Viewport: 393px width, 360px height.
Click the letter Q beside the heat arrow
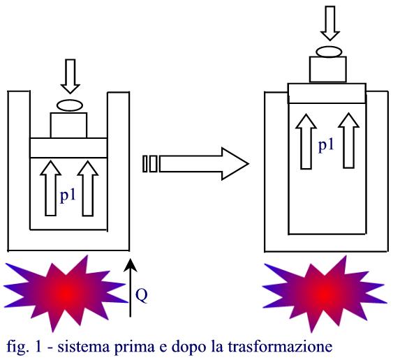tap(142, 296)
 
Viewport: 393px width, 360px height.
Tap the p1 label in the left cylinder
tap(68, 195)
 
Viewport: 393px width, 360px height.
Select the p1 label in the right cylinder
tap(326, 145)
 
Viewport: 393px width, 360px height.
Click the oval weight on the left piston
tap(70, 105)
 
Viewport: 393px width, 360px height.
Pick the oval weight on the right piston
tap(329, 52)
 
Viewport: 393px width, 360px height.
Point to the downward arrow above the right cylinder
tap(330, 23)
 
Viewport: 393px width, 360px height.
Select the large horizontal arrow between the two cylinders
tap(196, 164)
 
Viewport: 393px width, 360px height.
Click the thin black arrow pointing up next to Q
tap(130, 288)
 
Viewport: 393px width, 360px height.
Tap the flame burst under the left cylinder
tap(66, 292)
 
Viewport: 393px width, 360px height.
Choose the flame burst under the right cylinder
tap(325, 292)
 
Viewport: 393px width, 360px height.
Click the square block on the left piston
tap(68, 126)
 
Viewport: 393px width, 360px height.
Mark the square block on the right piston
tap(328, 69)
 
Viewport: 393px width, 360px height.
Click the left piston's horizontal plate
tap(68, 148)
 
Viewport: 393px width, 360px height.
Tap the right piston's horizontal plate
tap(327, 93)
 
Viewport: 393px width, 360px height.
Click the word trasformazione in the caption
tap(280, 347)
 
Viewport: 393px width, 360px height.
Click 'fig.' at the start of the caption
tap(17, 347)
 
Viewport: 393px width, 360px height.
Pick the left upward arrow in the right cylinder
tap(306, 142)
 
